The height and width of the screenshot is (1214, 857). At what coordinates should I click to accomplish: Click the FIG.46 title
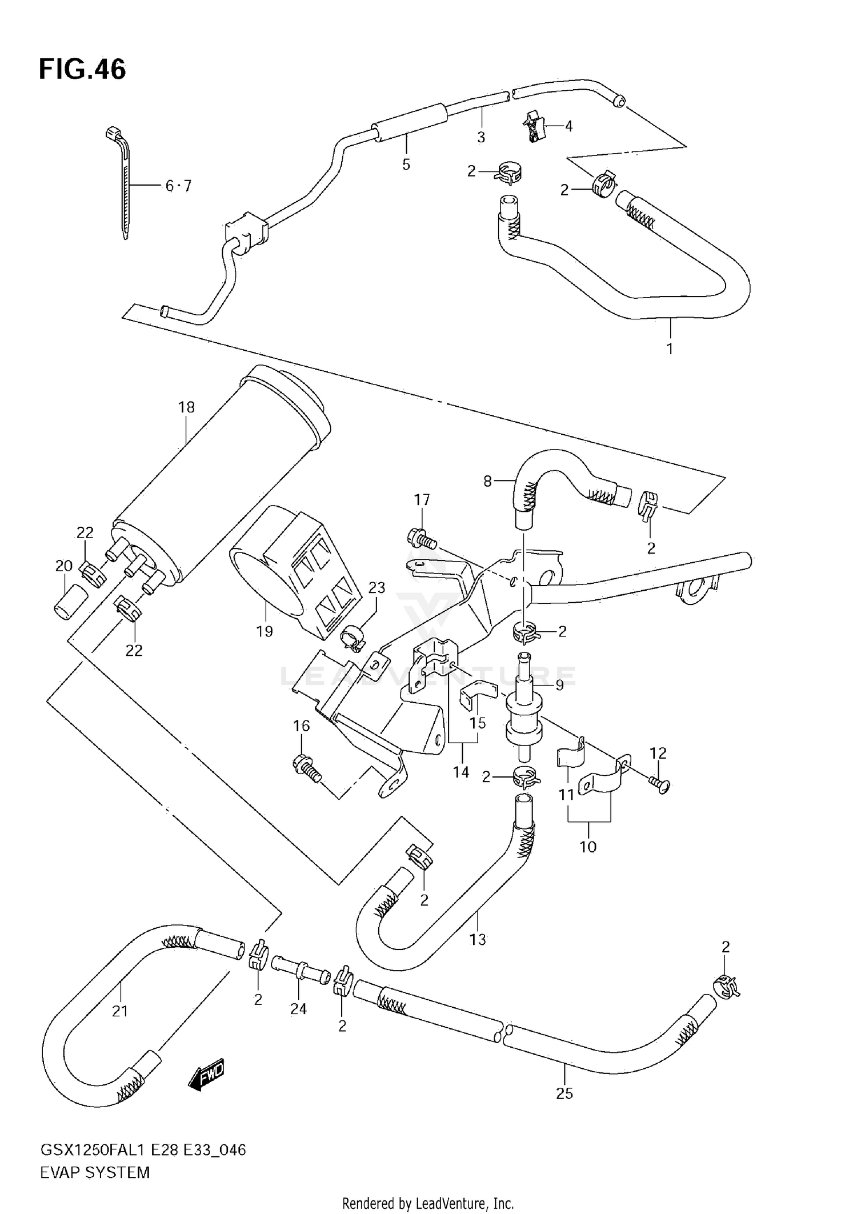point(82,70)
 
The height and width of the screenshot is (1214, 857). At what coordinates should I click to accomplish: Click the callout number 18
point(186,407)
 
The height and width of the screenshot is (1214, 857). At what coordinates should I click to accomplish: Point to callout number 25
point(564,1093)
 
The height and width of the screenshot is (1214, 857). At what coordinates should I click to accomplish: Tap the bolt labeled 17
point(422,539)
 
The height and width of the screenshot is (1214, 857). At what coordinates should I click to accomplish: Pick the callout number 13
point(477,939)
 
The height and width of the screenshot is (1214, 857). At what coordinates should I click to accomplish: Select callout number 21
point(119,1011)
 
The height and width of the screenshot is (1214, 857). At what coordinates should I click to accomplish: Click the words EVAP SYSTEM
point(95,1172)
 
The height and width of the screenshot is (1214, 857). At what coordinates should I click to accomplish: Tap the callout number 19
point(265,631)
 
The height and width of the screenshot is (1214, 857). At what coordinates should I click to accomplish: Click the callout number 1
point(670,348)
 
